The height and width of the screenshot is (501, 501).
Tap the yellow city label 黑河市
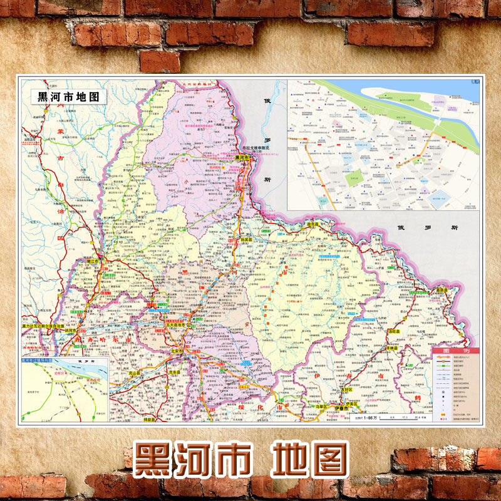(242, 158)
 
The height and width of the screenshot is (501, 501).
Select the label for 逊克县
(312, 224)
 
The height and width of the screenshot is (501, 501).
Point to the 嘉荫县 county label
(442, 289)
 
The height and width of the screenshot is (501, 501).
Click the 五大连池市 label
(177, 325)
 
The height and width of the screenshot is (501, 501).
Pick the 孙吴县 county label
(246, 240)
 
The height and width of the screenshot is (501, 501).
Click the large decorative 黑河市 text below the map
(190, 460)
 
